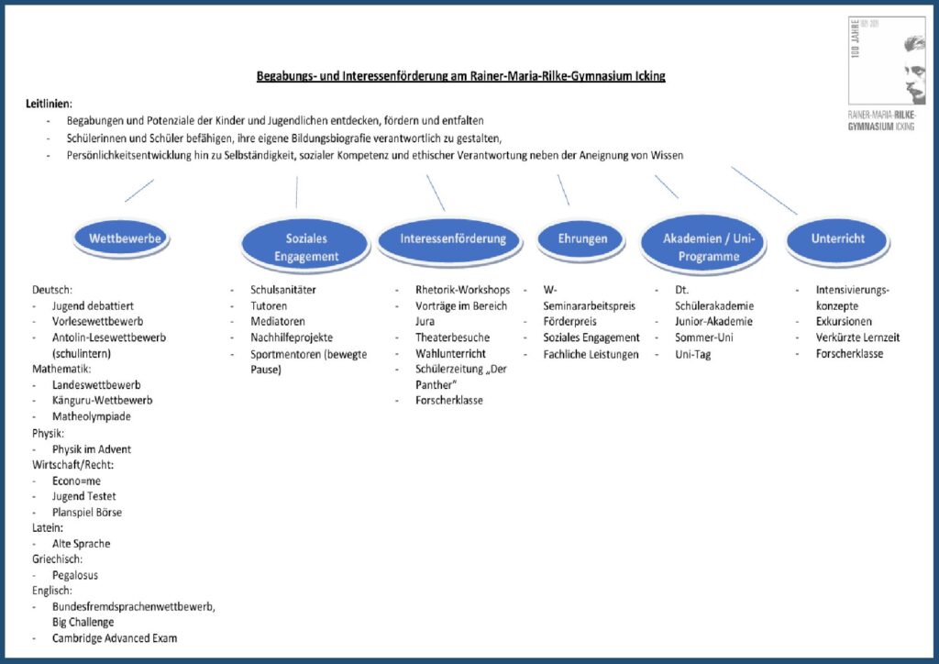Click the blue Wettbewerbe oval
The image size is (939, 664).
(x=122, y=238)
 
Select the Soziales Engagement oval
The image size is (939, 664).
(x=305, y=246)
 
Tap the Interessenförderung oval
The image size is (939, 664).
(x=450, y=240)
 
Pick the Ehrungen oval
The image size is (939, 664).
(x=580, y=239)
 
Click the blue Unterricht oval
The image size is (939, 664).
(x=838, y=240)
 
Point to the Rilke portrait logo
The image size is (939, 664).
(x=887, y=61)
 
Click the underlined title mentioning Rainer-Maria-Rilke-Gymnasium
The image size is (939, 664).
(x=460, y=76)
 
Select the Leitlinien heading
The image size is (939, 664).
(x=49, y=104)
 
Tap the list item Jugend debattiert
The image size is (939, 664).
(x=93, y=306)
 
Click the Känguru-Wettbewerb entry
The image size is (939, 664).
(x=102, y=400)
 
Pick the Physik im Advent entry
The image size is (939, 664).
(x=91, y=449)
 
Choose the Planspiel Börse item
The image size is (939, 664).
(x=87, y=512)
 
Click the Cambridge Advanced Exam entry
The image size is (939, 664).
(x=115, y=637)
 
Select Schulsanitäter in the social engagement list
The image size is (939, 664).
(x=282, y=290)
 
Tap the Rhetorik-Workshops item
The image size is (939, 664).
(x=462, y=290)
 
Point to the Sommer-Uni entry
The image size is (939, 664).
(x=703, y=338)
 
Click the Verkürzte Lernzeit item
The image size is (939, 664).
(x=857, y=338)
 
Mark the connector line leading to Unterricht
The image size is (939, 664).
(x=764, y=191)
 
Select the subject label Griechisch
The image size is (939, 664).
(x=57, y=559)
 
